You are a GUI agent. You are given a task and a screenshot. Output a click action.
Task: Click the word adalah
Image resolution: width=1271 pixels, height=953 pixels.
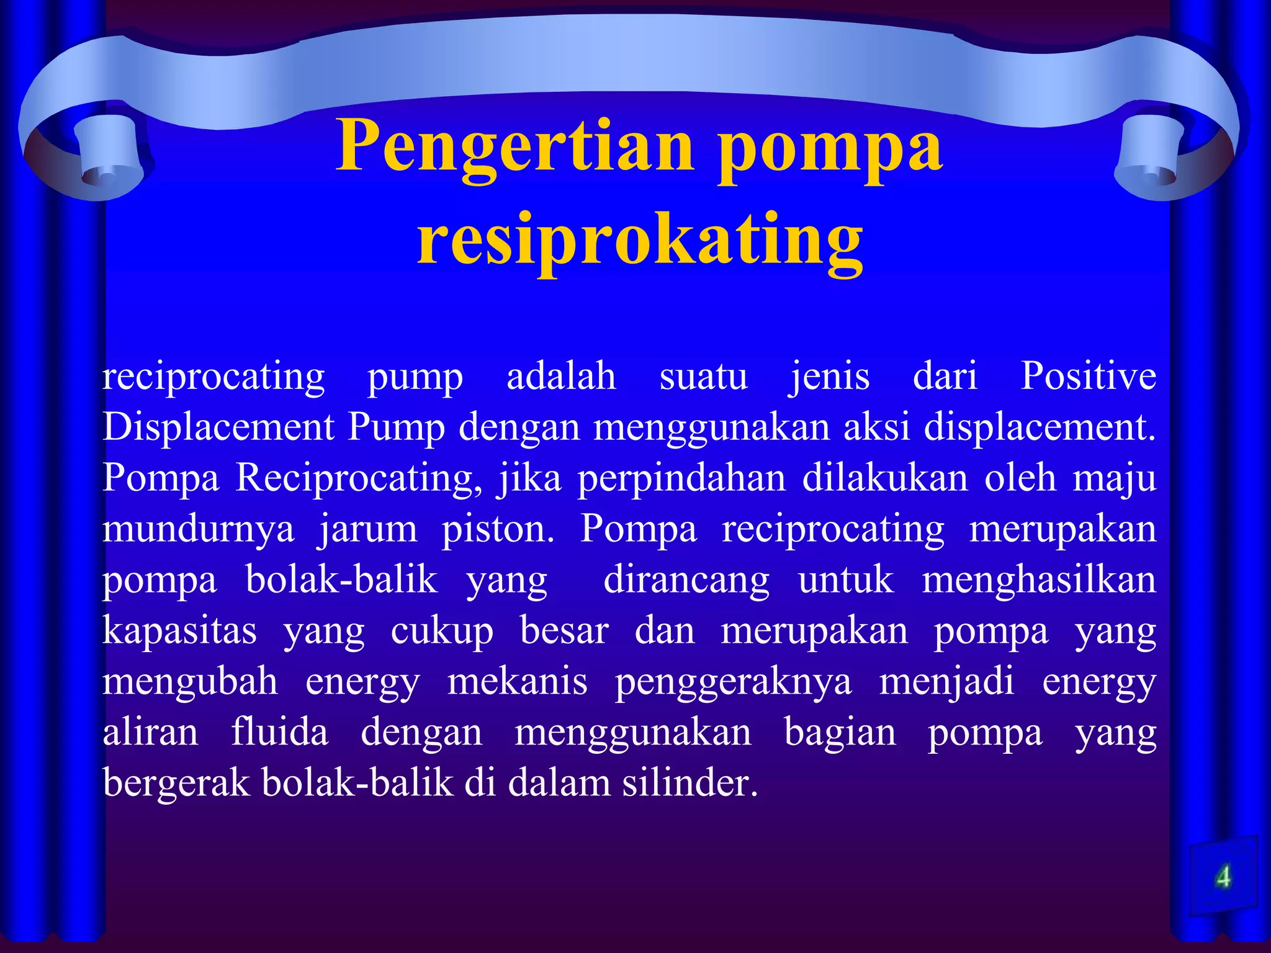(x=561, y=377)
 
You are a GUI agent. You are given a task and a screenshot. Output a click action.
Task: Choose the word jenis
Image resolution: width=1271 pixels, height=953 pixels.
(x=829, y=377)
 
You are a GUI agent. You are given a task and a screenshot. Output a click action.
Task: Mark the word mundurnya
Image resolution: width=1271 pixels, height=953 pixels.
(x=198, y=530)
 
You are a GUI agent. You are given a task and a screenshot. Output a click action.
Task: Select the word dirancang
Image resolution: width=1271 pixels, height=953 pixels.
(x=686, y=581)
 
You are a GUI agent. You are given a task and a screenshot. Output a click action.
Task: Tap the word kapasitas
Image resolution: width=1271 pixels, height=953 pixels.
(x=179, y=632)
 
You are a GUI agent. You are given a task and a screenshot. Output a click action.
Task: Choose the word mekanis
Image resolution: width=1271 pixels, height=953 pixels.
(x=517, y=682)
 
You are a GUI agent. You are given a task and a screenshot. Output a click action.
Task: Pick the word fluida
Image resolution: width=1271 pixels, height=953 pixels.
(x=280, y=733)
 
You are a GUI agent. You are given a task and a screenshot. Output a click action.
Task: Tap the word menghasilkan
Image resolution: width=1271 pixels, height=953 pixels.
(x=1039, y=581)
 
